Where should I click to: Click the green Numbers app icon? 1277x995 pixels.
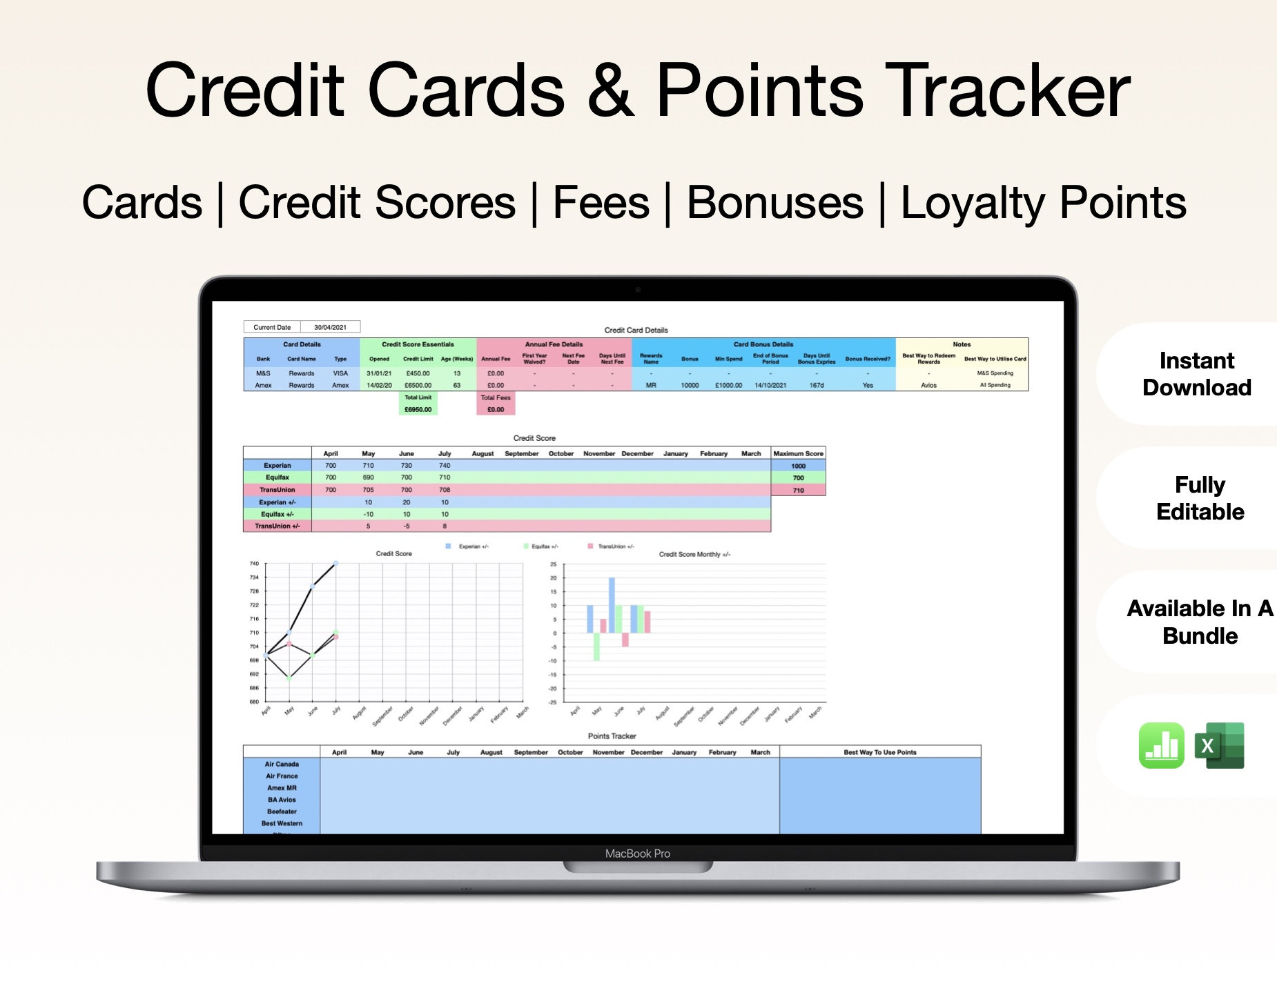1161,745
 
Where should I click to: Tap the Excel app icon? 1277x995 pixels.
1220,745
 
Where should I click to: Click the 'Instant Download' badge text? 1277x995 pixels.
1196,374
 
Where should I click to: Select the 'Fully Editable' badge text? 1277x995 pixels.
1200,498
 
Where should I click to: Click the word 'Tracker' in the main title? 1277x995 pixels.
1007,90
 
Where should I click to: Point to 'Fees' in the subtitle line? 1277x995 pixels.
601,203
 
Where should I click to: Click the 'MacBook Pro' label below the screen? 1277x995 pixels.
637,854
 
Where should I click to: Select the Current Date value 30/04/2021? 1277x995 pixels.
330,327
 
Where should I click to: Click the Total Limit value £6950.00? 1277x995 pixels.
418,409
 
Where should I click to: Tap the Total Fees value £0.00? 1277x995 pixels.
496,409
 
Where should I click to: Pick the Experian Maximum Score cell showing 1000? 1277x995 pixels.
798,466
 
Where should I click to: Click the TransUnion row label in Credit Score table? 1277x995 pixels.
277,490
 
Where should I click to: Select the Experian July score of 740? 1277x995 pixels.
445,466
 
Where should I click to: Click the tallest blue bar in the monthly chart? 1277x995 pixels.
612,605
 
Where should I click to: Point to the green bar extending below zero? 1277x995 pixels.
596,647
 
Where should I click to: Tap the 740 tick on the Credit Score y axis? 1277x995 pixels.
254,564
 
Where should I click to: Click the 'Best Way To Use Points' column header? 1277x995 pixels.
879,752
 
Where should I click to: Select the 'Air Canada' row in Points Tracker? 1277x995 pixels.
282,764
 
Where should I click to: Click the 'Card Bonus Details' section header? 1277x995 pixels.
763,344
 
